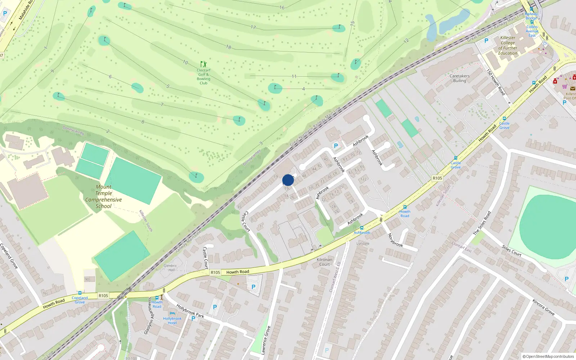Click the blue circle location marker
[x=288, y=180]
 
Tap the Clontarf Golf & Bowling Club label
[x=203, y=76]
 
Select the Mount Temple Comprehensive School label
[x=104, y=197]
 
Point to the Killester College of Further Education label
[x=508, y=45]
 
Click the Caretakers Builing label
[x=459, y=78]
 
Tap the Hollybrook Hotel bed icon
[x=172, y=313]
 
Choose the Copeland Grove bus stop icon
[x=80, y=293]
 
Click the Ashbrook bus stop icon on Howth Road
[x=362, y=228]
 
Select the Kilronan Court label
[x=324, y=262]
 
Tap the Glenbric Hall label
[x=170, y=268]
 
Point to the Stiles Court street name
[x=512, y=250]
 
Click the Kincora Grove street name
[x=544, y=307]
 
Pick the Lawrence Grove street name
[x=266, y=340]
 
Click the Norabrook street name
[x=395, y=240]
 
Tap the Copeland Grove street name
[x=9, y=256]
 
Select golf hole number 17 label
[x=253, y=27]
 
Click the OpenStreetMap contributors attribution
[x=548, y=356]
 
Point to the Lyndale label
[x=363, y=243]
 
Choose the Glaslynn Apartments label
[x=148, y=316]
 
